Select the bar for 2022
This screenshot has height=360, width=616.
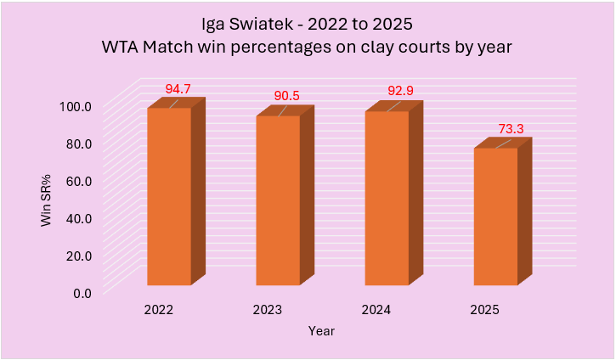[x=169, y=196]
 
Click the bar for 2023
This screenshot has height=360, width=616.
[x=278, y=200]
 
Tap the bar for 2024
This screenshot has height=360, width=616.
[x=387, y=198]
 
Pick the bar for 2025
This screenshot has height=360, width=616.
[x=495, y=217]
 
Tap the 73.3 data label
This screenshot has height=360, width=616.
[x=510, y=129]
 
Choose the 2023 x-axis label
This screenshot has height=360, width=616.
[x=268, y=310]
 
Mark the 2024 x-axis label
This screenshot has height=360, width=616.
[x=376, y=310]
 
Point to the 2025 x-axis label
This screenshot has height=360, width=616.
[x=485, y=310]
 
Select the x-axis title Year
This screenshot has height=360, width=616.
[x=321, y=331]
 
